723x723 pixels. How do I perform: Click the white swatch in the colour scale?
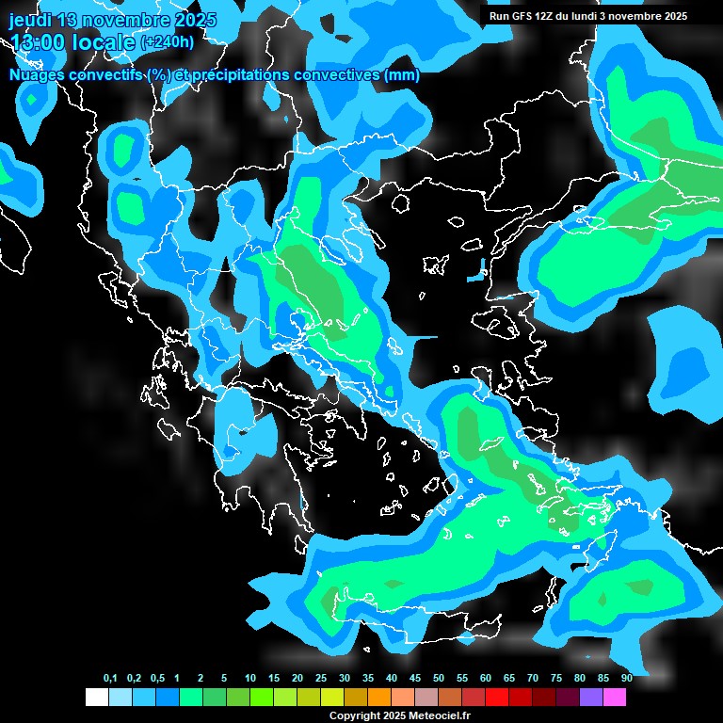coord(96,697)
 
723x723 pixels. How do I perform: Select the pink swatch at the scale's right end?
coord(615,697)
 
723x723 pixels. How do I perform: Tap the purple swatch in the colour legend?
coord(591,697)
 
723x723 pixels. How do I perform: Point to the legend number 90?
coord(626,679)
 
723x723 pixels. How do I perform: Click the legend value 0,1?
coord(110,679)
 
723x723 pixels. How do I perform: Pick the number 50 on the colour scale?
coord(439,679)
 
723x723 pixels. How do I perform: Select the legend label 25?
coord(321,679)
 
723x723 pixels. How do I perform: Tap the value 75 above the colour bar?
coord(556,679)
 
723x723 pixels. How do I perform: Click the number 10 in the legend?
coord(250,679)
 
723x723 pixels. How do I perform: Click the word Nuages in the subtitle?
coord(38,75)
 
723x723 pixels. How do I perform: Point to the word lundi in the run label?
coord(586,16)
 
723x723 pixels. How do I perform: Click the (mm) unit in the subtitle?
coord(401,75)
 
